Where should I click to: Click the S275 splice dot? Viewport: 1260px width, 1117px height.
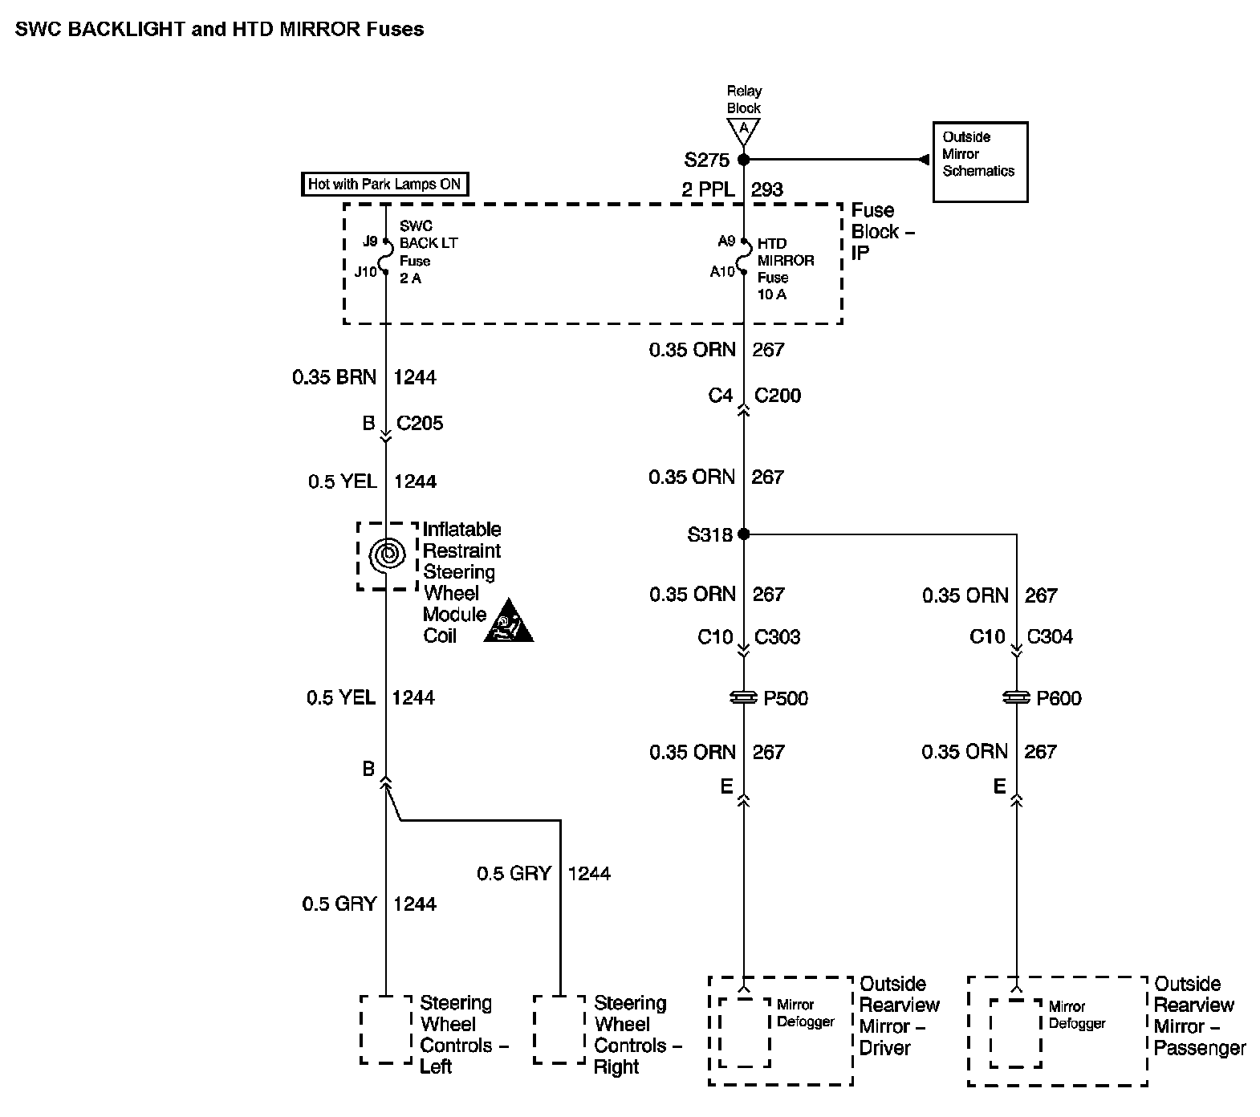tap(744, 159)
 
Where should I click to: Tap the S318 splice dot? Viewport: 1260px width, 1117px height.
tap(744, 534)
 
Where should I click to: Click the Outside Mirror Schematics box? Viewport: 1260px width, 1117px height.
tap(980, 162)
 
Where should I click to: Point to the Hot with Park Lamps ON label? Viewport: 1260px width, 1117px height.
tap(384, 184)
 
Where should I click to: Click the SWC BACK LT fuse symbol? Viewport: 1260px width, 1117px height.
tap(385, 256)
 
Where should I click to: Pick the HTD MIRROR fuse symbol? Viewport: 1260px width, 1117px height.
tap(744, 257)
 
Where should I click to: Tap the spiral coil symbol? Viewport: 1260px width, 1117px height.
tap(386, 554)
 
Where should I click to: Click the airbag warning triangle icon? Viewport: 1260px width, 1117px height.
tap(508, 622)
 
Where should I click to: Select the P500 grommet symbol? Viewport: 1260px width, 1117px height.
tap(744, 698)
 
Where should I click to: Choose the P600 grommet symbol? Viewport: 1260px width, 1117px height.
tap(1017, 698)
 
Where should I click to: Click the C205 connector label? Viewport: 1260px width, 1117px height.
tap(420, 423)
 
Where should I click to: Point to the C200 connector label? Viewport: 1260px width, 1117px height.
tap(778, 395)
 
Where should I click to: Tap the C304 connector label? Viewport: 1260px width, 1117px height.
tap(1050, 636)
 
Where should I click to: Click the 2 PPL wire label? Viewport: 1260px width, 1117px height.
tap(709, 189)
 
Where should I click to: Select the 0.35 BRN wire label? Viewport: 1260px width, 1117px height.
tap(334, 377)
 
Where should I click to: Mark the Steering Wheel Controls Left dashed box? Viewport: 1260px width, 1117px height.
tap(386, 1030)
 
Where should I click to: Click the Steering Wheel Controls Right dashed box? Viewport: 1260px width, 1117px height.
tap(559, 1030)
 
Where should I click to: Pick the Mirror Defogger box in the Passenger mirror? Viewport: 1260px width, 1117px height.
tap(1016, 1033)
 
